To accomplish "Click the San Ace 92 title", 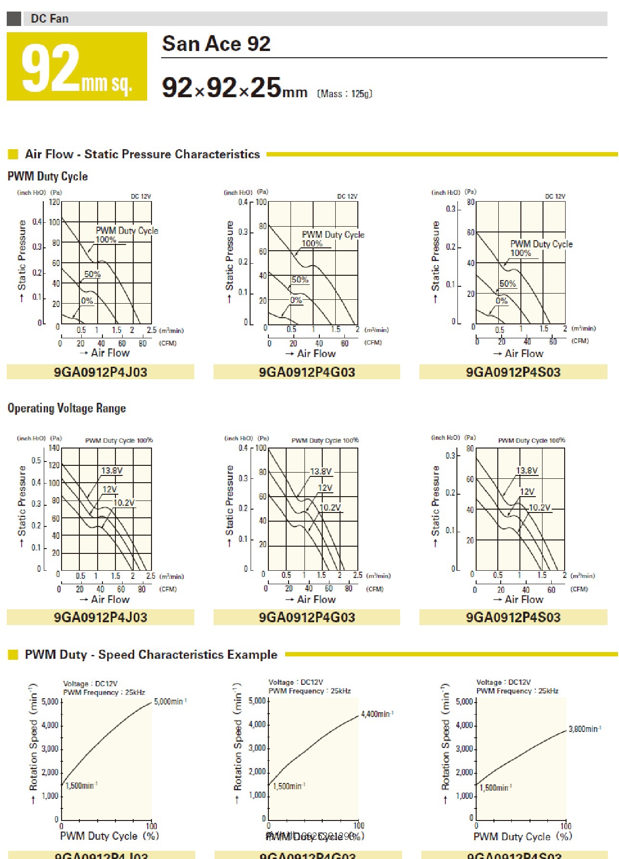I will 216,44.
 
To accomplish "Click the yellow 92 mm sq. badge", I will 77,67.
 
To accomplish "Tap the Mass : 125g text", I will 344,93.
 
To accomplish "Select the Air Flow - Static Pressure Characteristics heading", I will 142,154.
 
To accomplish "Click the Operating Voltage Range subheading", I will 67,408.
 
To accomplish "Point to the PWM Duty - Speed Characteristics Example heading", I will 151,654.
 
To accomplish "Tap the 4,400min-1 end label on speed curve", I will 377,714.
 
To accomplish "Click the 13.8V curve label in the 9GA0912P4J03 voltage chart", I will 112,471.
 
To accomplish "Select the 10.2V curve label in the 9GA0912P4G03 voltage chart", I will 330,508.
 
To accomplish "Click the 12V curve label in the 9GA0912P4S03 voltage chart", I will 527,492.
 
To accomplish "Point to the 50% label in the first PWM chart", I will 92,274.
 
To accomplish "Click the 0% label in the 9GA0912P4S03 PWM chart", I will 502,301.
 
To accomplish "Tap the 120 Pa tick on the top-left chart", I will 54,202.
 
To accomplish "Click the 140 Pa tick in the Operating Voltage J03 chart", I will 54,448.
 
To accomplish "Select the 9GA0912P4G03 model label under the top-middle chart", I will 307,372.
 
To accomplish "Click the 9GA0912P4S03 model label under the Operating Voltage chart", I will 513,617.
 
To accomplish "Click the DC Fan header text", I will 50,19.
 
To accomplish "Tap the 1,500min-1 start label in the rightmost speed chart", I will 495,788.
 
